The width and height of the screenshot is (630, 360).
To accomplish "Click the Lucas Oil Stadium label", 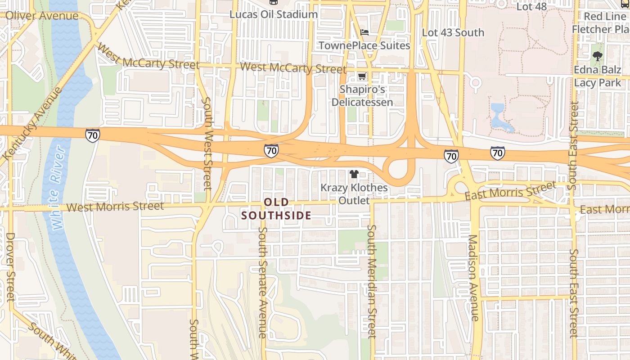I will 274,14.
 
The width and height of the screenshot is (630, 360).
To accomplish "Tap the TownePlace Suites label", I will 364,45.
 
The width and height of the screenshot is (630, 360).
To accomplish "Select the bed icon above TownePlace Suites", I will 364,32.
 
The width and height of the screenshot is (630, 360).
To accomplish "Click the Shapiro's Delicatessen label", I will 362,96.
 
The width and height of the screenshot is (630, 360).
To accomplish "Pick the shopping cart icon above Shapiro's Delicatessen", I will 362,76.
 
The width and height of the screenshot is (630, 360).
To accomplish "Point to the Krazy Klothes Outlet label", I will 354,194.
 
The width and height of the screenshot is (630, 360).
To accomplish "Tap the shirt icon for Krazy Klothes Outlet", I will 354,174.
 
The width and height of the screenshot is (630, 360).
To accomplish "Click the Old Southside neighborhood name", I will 276,209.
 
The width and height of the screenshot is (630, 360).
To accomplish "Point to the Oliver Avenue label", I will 42,16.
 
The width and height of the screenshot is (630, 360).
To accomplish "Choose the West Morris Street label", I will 115,207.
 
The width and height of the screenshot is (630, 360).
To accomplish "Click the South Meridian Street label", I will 371,281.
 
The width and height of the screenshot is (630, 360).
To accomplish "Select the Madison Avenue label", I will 473,277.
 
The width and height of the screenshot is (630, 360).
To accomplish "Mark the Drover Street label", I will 10,266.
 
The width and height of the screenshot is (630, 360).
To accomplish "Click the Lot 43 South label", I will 453,32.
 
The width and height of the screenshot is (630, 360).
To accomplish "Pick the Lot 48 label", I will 531,6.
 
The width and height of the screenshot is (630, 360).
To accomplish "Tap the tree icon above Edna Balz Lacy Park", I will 598,56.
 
